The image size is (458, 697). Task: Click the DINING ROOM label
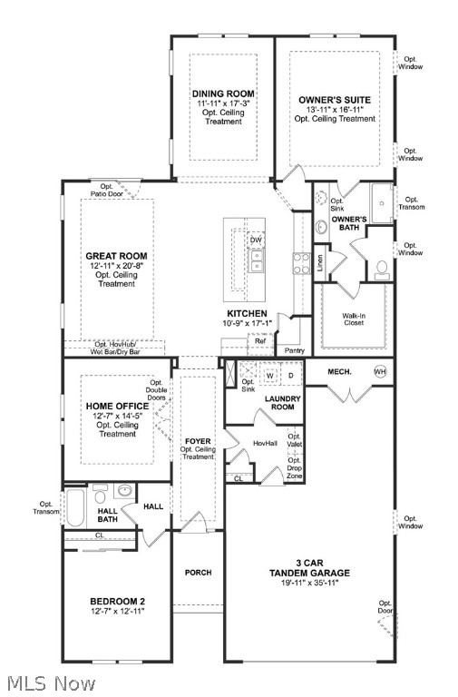coord(222,93)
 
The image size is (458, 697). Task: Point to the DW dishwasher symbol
coord(257,240)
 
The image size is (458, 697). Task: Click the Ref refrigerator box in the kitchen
coord(259,341)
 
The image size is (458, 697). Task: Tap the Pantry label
coord(295,349)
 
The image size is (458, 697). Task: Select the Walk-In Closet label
coord(353,320)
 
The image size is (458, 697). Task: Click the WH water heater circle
coord(381,371)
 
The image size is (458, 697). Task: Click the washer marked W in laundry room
coord(270,374)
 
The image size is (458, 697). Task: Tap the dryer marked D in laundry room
coord(291,374)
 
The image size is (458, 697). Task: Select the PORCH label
coord(198,573)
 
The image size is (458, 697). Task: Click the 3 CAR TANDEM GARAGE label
coord(309,573)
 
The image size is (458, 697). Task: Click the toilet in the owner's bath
coord(382,268)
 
